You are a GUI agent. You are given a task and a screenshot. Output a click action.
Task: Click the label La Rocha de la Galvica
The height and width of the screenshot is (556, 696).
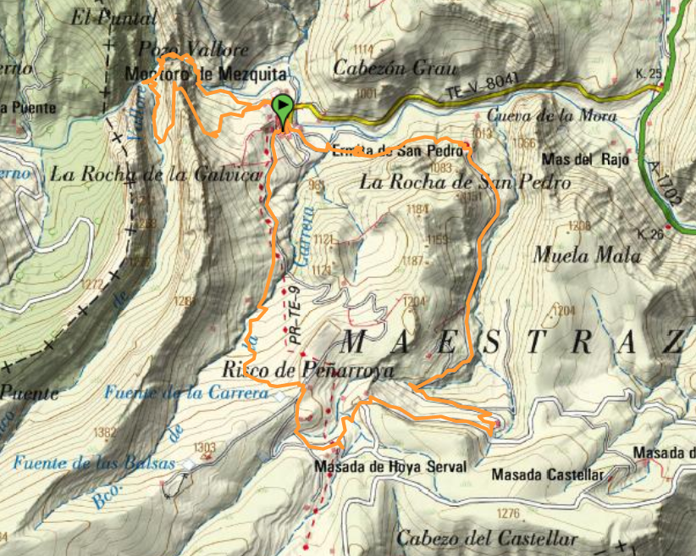tap(155, 175)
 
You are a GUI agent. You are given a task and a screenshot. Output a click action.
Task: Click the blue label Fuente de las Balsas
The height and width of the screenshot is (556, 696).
tap(93, 464)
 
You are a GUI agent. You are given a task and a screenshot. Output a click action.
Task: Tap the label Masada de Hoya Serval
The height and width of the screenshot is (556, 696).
tap(389, 467)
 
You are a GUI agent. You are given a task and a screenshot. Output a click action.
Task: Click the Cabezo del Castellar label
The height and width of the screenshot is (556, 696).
tap(487, 538)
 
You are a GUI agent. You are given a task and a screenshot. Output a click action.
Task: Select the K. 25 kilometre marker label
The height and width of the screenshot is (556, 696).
tap(648, 75)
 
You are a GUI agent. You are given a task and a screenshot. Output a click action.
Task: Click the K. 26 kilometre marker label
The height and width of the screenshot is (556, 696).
tap(653, 234)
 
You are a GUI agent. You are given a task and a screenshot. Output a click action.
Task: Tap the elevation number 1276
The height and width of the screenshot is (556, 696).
tap(508, 514)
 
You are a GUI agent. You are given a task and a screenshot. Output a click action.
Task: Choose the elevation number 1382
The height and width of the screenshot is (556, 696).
tap(105, 432)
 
